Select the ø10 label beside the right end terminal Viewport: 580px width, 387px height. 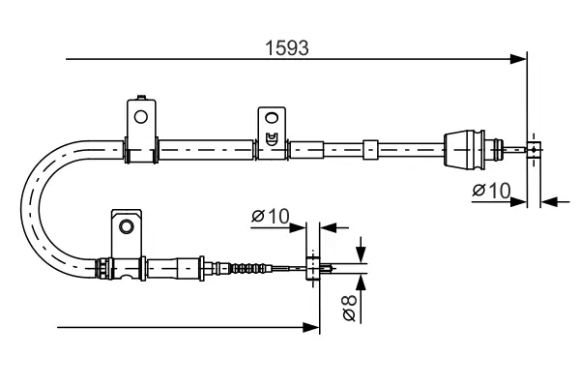pyautogui.click(x=492, y=191)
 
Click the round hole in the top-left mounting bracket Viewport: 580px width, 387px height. pyautogui.click(x=140, y=117)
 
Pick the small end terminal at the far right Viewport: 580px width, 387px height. pyautogui.click(x=533, y=149)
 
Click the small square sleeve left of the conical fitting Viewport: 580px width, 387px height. pyautogui.click(x=368, y=149)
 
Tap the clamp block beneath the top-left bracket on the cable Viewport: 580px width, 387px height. pyautogui.click(x=141, y=150)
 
